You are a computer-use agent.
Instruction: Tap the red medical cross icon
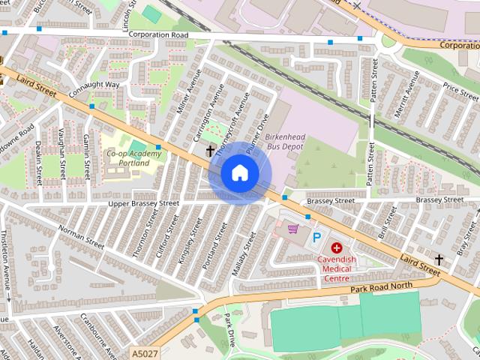coord(336,247)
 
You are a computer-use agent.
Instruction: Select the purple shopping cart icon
coord(292,229)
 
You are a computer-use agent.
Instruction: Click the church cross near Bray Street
coord(439,259)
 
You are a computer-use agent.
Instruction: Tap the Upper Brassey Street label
coord(144,203)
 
